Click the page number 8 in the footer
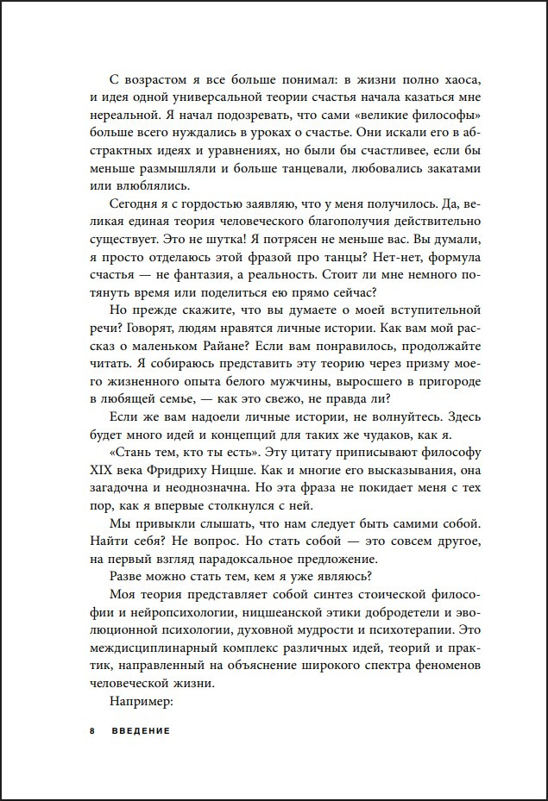click(x=91, y=729)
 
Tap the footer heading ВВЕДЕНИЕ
click(x=141, y=729)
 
